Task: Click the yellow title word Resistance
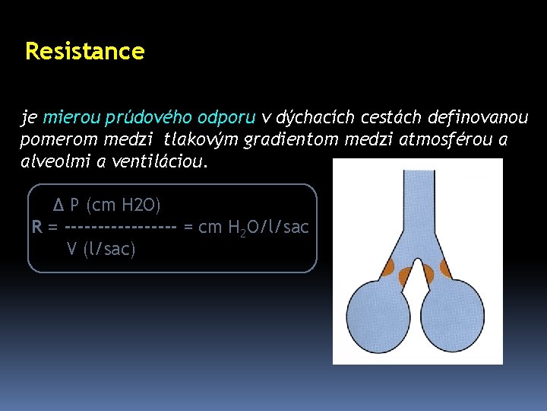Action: pos(84,52)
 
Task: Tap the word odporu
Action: pos(226,118)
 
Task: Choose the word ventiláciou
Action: pos(163,163)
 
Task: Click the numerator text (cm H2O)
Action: pos(123,205)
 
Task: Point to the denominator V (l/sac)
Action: pos(100,249)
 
